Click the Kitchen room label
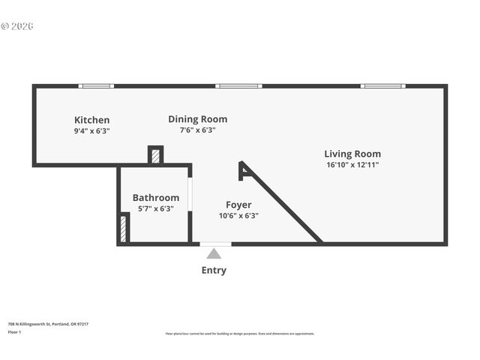(x=91, y=120)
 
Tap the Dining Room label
(x=197, y=119)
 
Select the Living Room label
(x=352, y=154)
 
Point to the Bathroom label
(x=156, y=198)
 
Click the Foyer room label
(x=238, y=205)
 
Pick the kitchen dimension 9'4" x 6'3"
(x=91, y=130)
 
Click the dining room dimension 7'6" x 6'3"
(x=197, y=130)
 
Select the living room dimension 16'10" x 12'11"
(x=352, y=164)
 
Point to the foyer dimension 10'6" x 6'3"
(x=238, y=215)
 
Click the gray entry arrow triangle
(x=214, y=253)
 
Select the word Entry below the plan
(x=214, y=270)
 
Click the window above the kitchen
(x=96, y=86)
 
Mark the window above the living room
(x=382, y=86)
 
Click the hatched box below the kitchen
(x=155, y=156)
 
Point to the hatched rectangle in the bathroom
(x=123, y=229)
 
